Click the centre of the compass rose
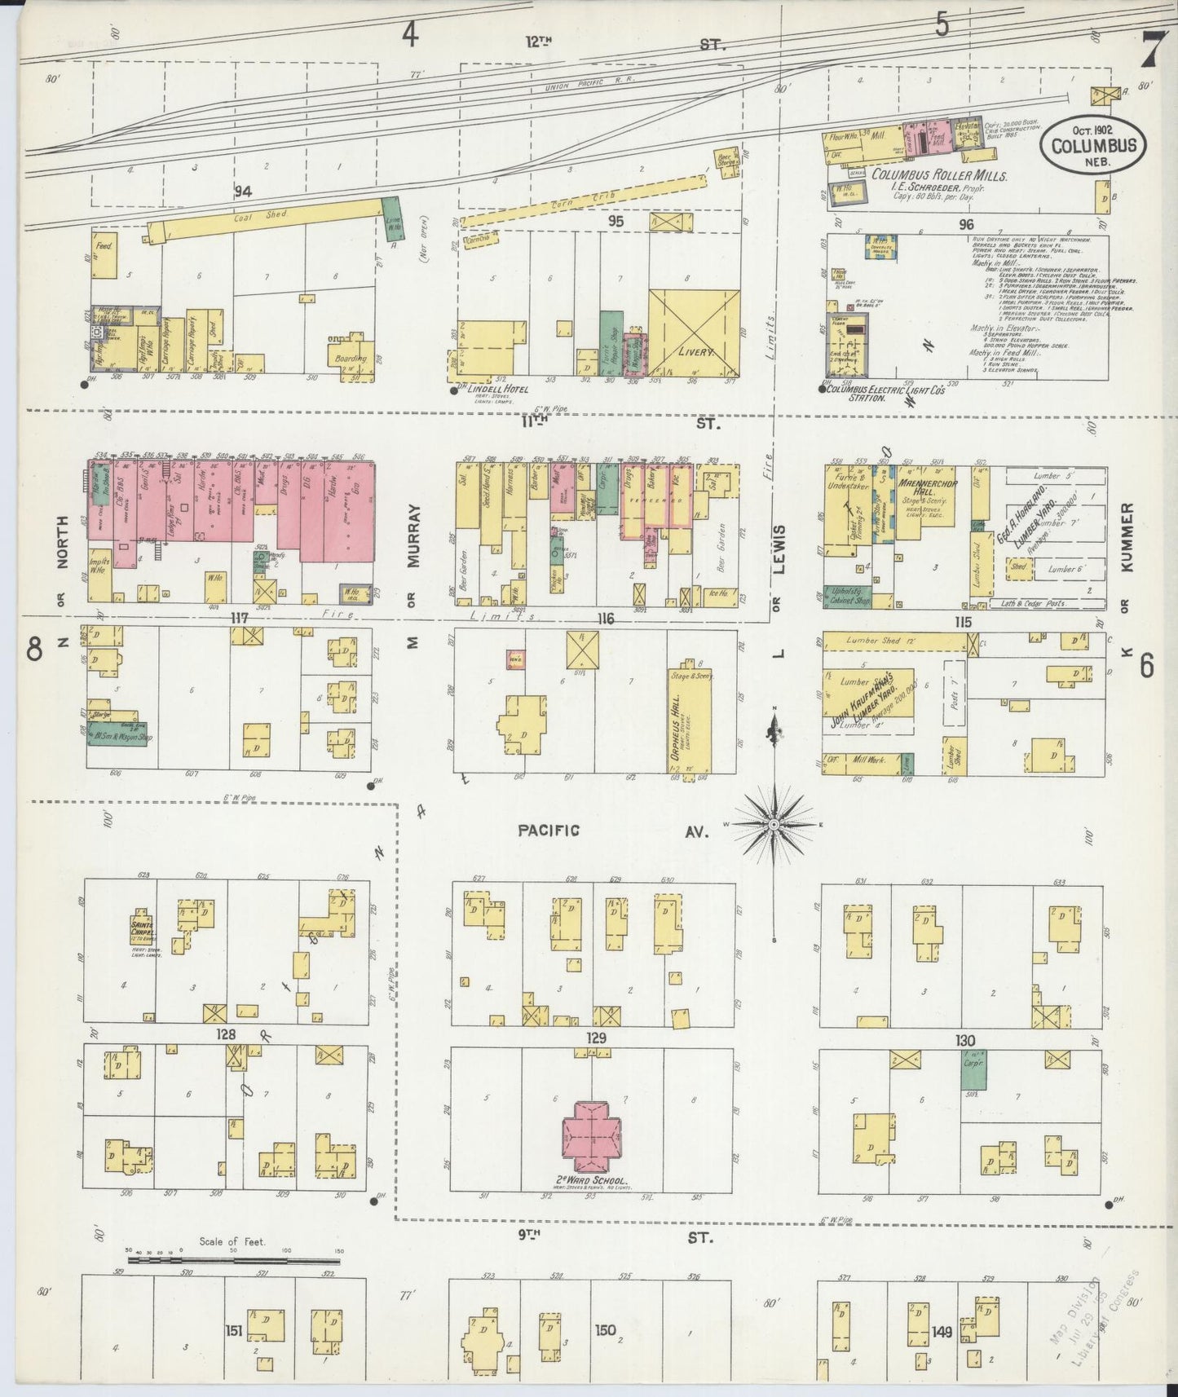(771, 825)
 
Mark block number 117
(239, 618)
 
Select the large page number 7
(1149, 51)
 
